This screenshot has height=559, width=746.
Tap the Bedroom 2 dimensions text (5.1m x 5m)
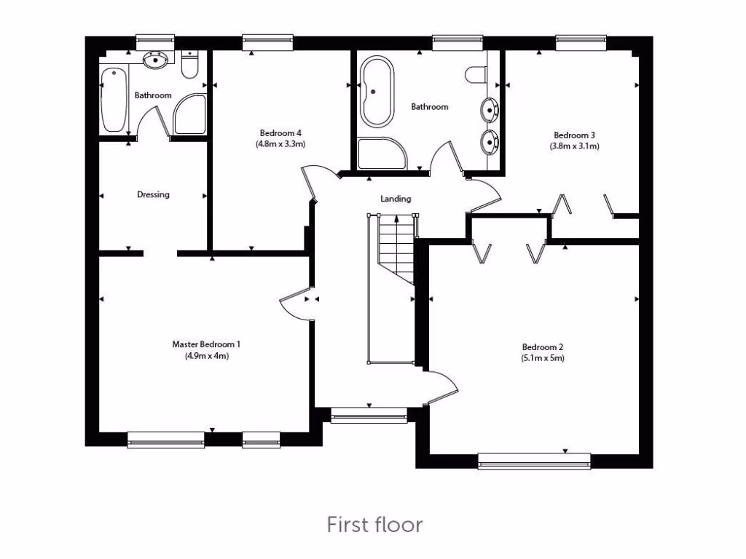[x=543, y=358]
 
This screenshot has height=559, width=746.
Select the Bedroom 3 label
[x=574, y=135]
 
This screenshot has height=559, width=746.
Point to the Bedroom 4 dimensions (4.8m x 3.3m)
[x=280, y=144]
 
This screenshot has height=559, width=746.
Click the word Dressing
[x=153, y=194]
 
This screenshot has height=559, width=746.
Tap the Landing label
[x=396, y=199]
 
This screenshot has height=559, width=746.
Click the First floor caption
[x=374, y=524]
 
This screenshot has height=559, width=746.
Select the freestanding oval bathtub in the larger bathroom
[x=377, y=92]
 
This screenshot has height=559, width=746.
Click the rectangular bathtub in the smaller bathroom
[x=114, y=99]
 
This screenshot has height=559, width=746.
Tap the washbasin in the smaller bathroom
[x=157, y=60]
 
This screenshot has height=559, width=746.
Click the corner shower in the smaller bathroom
[x=189, y=114]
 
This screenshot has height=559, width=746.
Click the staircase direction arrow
[x=396, y=222]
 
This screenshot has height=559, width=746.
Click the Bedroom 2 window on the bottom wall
[x=535, y=460]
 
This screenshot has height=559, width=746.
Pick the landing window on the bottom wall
[x=369, y=416]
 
